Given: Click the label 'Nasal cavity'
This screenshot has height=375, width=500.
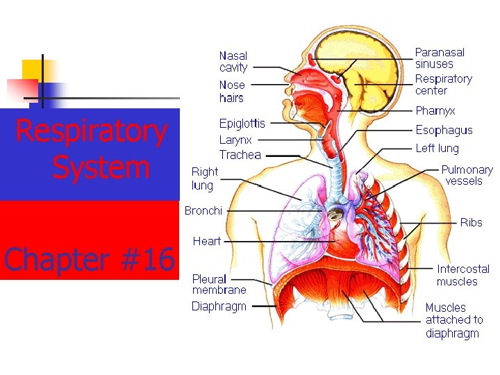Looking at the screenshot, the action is (233, 62).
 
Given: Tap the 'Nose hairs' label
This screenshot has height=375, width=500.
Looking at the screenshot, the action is (232, 92).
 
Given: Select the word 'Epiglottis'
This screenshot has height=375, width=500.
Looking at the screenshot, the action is (242, 124).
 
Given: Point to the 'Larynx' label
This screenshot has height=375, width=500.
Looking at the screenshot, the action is (235, 140).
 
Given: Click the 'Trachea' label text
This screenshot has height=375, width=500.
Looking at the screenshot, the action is (240, 155).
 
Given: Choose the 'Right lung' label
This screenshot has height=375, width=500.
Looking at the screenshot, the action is (204, 178).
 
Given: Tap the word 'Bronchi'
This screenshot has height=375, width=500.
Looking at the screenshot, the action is (203, 210).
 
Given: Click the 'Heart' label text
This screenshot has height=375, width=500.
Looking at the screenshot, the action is (206, 241).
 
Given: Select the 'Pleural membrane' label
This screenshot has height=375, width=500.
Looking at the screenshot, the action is (219, 285).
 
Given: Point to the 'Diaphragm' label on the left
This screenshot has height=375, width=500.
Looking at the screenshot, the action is (219, 306).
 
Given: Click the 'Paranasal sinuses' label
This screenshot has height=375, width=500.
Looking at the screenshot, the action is (440, 58).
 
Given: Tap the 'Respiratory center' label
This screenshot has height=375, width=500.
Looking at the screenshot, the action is (443, 85).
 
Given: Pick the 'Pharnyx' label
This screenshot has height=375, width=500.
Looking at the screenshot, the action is (435, 110).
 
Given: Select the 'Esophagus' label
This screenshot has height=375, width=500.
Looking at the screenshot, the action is (444, 130).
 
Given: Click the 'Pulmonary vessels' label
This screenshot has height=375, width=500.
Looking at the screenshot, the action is (467, 175).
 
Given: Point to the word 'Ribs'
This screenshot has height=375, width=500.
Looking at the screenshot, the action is (471, 222).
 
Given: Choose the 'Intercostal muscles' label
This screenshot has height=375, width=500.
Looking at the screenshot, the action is (462, 275).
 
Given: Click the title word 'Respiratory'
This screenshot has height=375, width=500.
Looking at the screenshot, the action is (91, 132).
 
